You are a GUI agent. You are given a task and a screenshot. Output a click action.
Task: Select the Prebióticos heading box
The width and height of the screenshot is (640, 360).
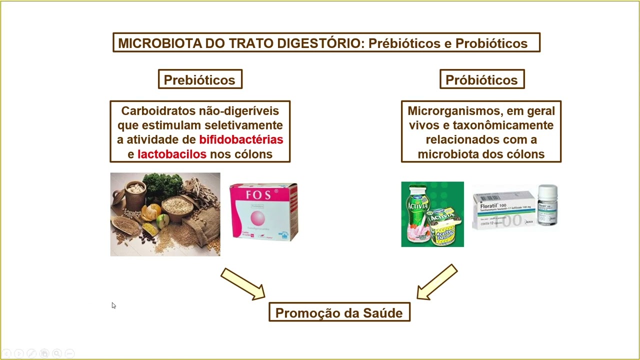pos(199,80)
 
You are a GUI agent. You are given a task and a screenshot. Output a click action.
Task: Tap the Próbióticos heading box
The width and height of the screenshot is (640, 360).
pos(481,80)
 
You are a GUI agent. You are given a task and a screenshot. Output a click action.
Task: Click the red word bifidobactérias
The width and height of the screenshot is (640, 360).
pos(241,139)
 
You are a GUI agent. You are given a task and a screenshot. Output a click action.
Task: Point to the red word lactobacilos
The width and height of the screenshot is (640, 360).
pos(172,154)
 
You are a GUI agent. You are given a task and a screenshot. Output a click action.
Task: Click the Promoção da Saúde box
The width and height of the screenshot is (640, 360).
pos(339,313)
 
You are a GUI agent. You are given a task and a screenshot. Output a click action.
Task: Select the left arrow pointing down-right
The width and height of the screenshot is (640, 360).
pos(243,284)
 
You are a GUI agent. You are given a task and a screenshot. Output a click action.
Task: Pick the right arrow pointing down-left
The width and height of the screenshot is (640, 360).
pos(437,282)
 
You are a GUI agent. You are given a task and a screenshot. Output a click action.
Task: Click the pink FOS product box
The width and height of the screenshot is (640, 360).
pos(263,212)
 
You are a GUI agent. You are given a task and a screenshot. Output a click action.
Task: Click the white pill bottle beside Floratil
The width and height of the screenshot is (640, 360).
pos(547,205)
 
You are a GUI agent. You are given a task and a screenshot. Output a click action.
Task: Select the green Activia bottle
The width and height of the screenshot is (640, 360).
pos(418,212)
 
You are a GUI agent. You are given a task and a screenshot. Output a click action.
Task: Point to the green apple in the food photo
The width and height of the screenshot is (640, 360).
pos(162,221)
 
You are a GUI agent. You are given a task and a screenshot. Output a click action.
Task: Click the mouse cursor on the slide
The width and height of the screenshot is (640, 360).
pos(113,305)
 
